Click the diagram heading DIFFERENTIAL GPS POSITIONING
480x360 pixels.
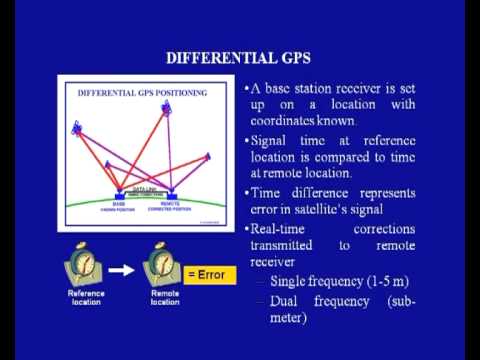pyautogui.click(x=142, y=93)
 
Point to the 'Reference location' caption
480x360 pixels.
pyautogui.click(x=86, y=297)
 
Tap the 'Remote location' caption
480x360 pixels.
pyautogui.click(x=165, y=297)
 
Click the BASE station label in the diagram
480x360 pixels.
pyautogui.click(x=118, y=201)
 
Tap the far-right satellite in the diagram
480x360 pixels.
pyautogui.click(x=208, y=157)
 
